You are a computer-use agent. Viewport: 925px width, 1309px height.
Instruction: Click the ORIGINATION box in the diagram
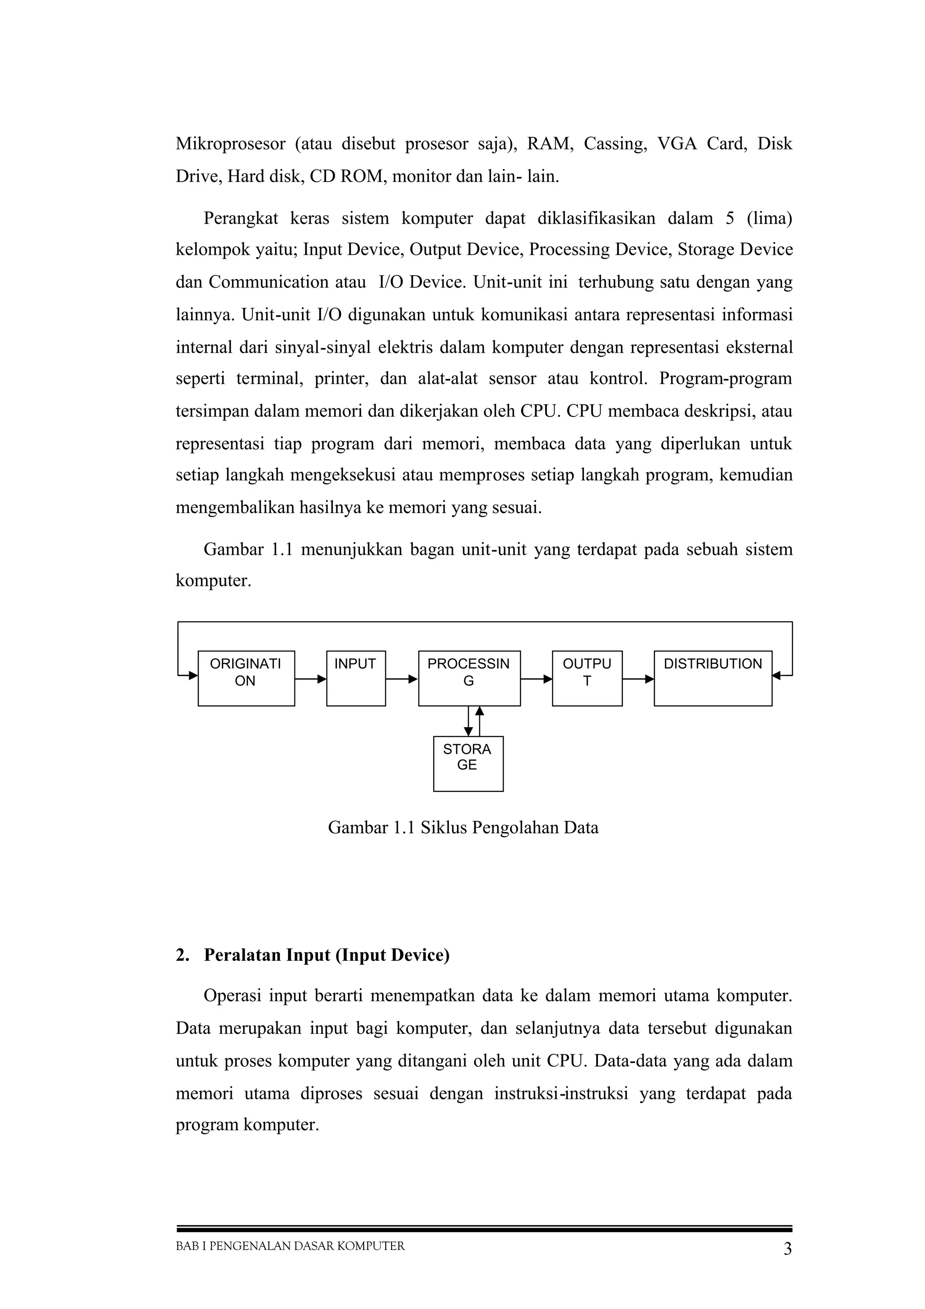(x=246, y=678)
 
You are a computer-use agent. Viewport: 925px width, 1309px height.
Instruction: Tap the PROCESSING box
(x=469, y=678)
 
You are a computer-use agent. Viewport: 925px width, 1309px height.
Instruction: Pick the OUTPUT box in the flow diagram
(x=587, y=678)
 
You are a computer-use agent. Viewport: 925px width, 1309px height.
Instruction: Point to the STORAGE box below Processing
(x=468, y=763)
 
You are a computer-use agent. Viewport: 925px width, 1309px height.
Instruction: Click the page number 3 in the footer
(x=787, y=1249)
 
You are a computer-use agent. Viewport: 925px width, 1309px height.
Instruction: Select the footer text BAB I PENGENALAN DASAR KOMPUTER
(x=290, y=1246)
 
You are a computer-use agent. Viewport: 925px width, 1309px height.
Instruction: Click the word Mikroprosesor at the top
(x=230, y=144)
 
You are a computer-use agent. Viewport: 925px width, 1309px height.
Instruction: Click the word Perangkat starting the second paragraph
(x=241, y=218)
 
